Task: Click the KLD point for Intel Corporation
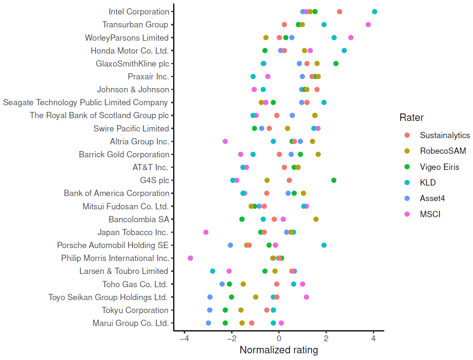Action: click(374, 12)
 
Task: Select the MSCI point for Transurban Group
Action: click(368, 25)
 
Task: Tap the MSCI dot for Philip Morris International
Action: click(190, 258)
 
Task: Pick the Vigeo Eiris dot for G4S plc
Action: click(334, 180)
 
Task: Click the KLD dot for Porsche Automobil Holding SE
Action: click(324, 245)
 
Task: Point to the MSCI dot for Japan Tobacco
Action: click(206, 232)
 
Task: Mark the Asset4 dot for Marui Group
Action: click(208, 323)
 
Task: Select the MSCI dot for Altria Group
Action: click(225, 141)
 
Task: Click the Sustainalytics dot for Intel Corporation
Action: click(339, 12)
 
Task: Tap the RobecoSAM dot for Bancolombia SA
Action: click(316, 219)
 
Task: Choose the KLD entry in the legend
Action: click(428, 183)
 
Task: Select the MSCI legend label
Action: click(430, 214)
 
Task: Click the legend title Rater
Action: click(412, 117)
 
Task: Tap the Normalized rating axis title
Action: click(279, 350)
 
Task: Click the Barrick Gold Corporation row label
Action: click(124, 155)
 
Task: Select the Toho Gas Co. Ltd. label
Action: click(135, 284)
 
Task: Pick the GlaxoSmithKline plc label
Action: click(132, 64)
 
